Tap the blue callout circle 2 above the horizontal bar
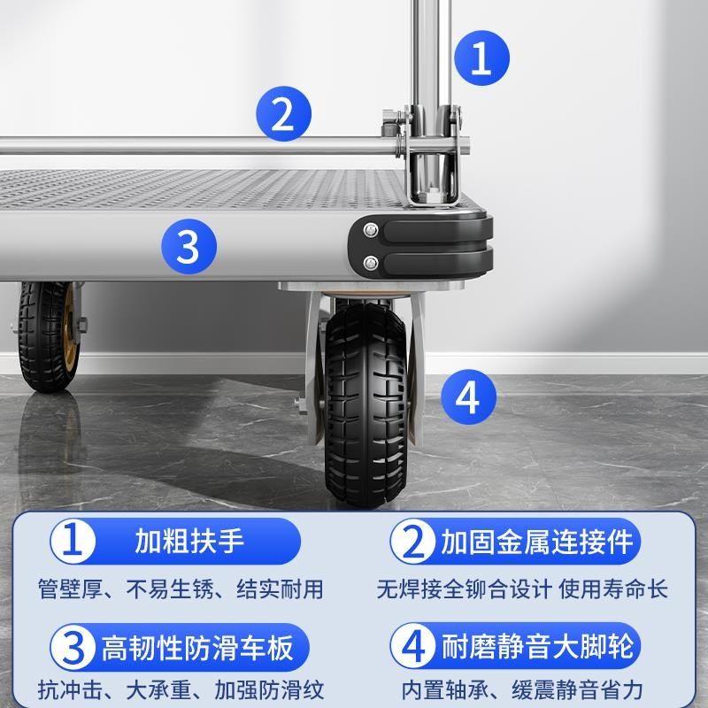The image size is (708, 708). pos(283,115)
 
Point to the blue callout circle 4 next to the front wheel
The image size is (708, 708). pos(468,397)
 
